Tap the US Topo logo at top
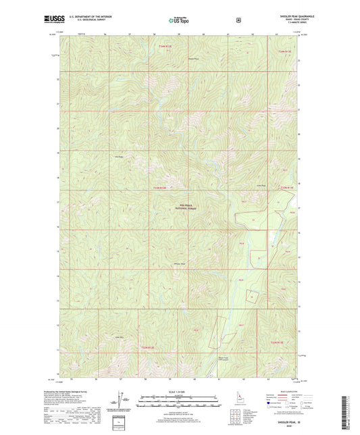[x=179, y=20]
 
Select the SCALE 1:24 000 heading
[x=179, y=393]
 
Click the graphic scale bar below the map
[x=179, y=404]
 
